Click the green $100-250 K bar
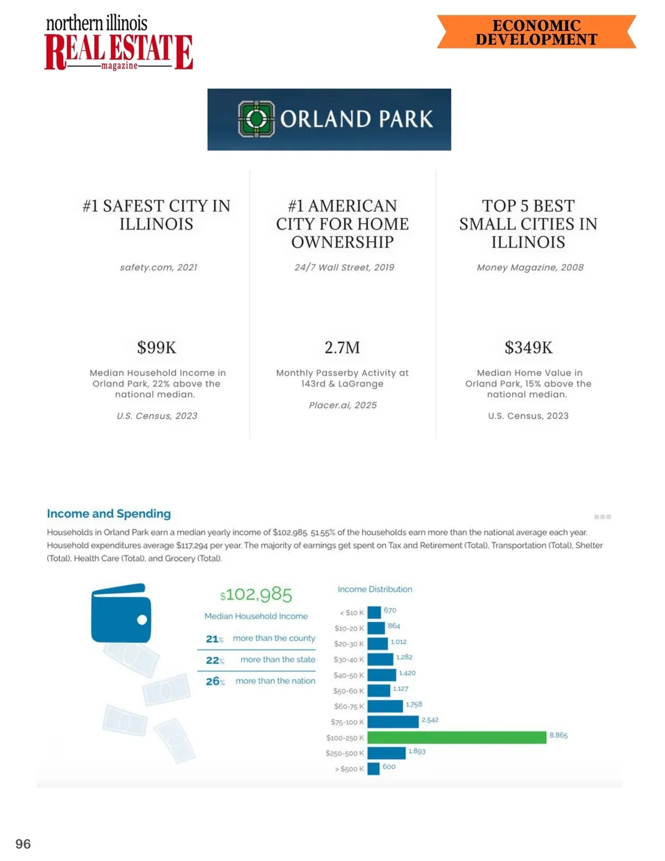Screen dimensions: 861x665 (x=457, y=737)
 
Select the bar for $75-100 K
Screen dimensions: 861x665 (x=393, y=722)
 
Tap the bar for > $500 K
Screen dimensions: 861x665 (x=374, y=768)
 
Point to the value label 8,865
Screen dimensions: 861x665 (x=558, y=736)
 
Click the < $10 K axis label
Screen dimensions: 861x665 (x=352, y=613)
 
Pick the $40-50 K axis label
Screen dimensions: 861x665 (x=349, y=675)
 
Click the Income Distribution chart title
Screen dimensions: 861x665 (x=375, y=589)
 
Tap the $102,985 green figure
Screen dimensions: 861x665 (x=256, y=595)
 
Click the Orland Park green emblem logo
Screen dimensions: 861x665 (x=256, y=119)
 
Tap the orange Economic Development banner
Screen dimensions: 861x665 (x=536, y=32)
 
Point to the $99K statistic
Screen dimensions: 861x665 (x=157, y=348)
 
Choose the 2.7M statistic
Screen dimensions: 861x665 (x=342, y=348)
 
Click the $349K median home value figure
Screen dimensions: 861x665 (x=528, y=348)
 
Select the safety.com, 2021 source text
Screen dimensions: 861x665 (x=158, y=267)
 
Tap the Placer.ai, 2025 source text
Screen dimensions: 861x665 (x=342, y=405)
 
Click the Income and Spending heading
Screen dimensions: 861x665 (x=109, y=514)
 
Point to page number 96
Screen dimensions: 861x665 (x=23, y=844)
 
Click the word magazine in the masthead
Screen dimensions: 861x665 (x=119, y=66)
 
